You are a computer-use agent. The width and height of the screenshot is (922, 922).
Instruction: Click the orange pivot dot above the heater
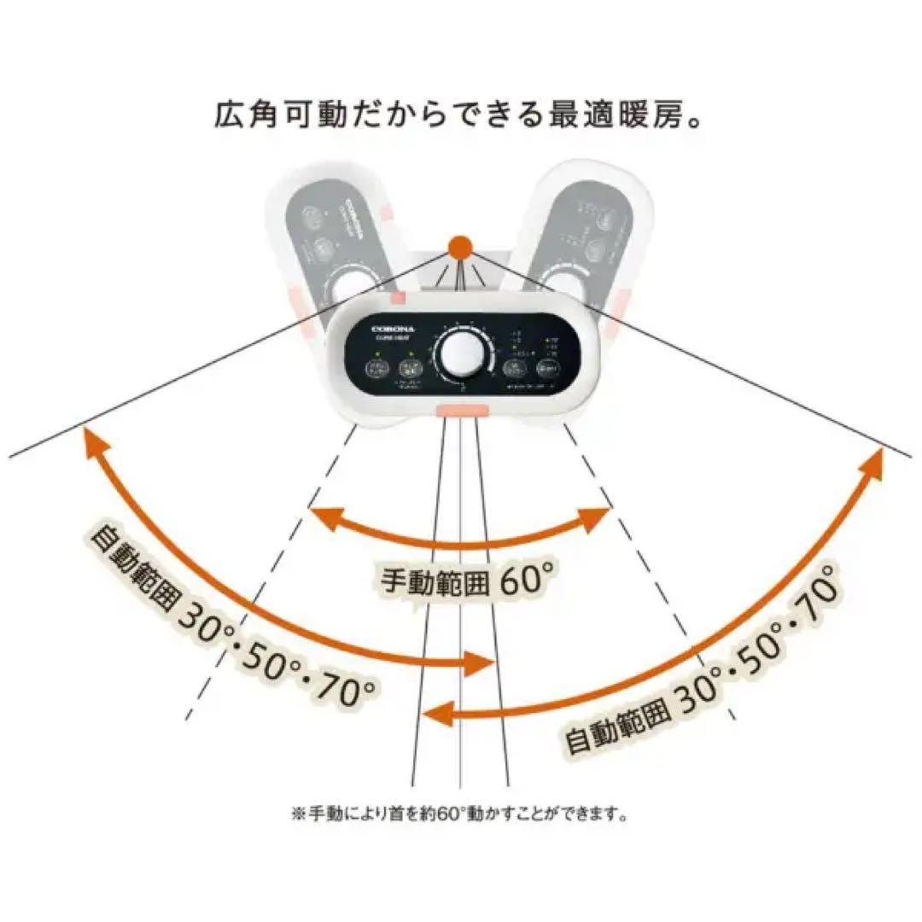pyautogui.click(x=460, y=248)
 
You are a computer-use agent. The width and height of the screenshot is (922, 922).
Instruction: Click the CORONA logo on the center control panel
pyautogui.click(x=391, y=326)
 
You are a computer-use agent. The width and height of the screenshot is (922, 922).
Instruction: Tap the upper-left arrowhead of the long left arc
pyautogui.click(x=90, y=440)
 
